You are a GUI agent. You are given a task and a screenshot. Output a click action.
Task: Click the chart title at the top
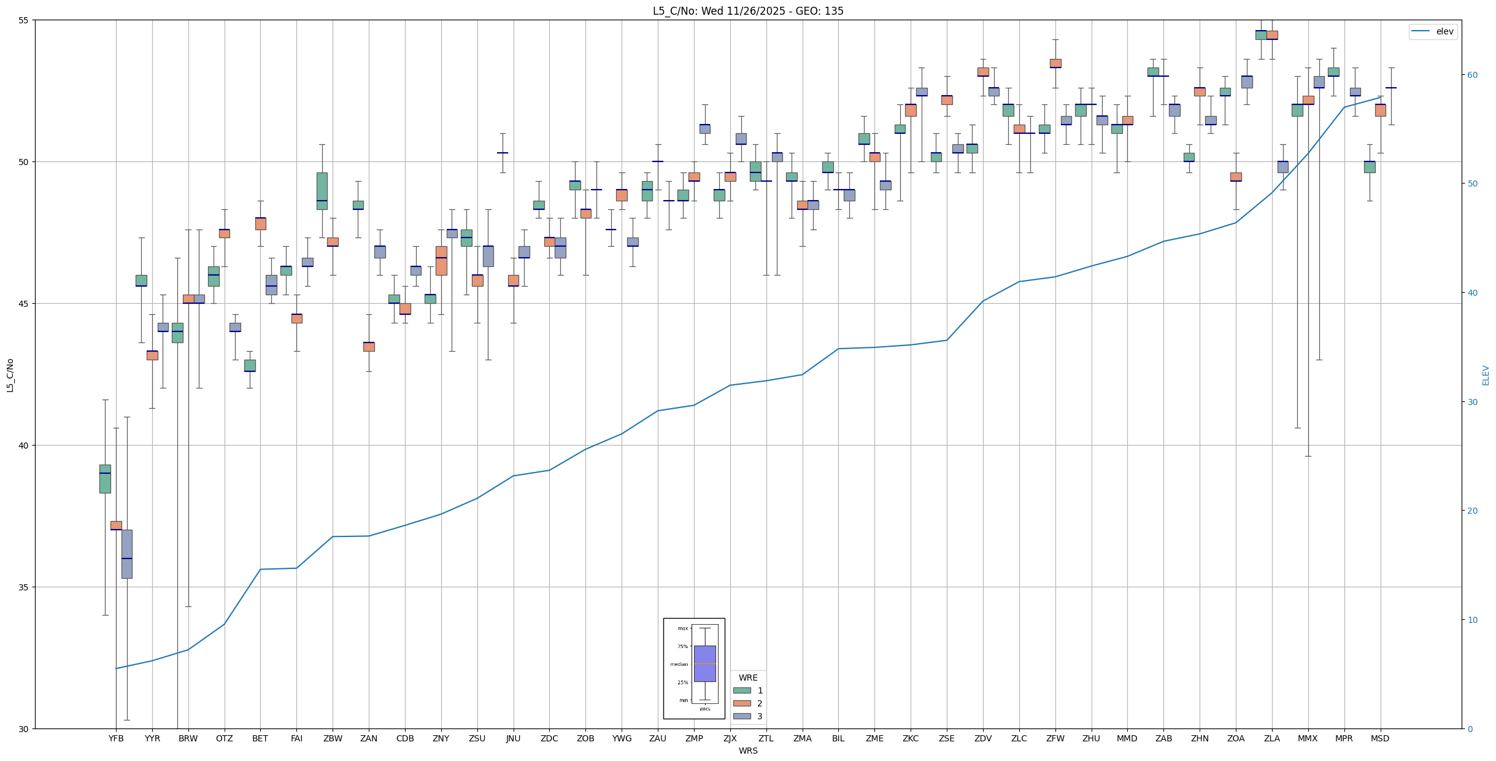coord(748,11)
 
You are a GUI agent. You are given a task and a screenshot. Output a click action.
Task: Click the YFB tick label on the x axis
coord(116,738)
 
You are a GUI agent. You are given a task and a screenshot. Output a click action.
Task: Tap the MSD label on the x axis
coord(1380,738)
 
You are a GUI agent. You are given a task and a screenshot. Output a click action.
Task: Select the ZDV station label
coord(983,738)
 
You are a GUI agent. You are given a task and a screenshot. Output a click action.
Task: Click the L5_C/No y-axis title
coord(10,375)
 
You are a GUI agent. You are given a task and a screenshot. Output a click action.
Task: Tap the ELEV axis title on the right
coord(1486,375)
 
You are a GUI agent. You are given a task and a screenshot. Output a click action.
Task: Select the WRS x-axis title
coord(748,751)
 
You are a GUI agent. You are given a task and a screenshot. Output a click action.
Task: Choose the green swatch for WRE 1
coord(742,690)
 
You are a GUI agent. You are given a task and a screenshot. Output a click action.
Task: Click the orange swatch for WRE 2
coord(742,703)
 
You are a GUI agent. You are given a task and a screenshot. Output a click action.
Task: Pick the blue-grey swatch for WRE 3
coord(742,716)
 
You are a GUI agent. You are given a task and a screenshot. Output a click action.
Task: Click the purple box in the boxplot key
coord(704,663)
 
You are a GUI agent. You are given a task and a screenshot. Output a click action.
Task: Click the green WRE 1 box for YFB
coord(105,479)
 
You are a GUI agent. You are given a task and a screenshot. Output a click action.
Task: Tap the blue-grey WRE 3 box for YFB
coord(127,554)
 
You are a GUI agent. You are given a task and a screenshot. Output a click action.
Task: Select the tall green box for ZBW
coord(322,191)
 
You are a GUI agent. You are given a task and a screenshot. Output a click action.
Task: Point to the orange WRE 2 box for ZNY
coord(441,261)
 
